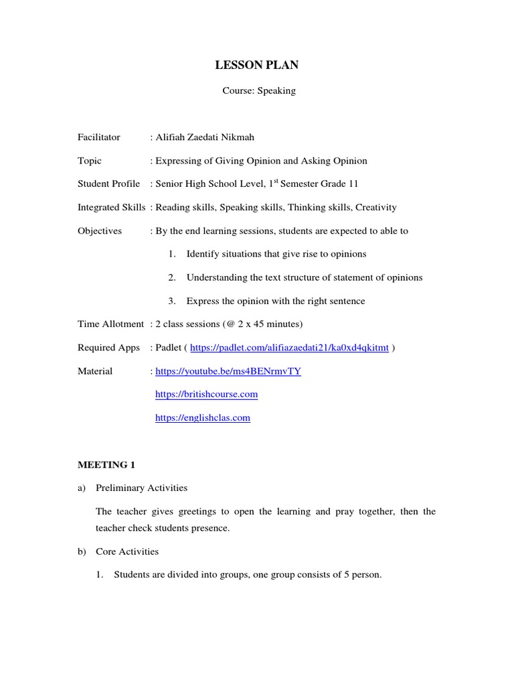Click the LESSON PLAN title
(x=257, y=65)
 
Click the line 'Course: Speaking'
(x=259, y=90)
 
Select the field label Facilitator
(x=99, y=137)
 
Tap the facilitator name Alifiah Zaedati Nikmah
(x=205, y=137)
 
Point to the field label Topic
(x=90, y=161)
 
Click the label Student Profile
(x=109, y=184)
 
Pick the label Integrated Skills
(x=111, y=208)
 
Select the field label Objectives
(x=100, y=231)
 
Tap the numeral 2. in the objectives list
(x=172, y=277)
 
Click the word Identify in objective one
(x=202, y=255)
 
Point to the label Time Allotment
(x=110, y=324)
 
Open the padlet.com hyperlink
(x=289, y=348)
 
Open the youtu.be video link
(x=228, y=371)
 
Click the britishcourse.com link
(x=206, y=395)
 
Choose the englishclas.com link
(x=203, y=418)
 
